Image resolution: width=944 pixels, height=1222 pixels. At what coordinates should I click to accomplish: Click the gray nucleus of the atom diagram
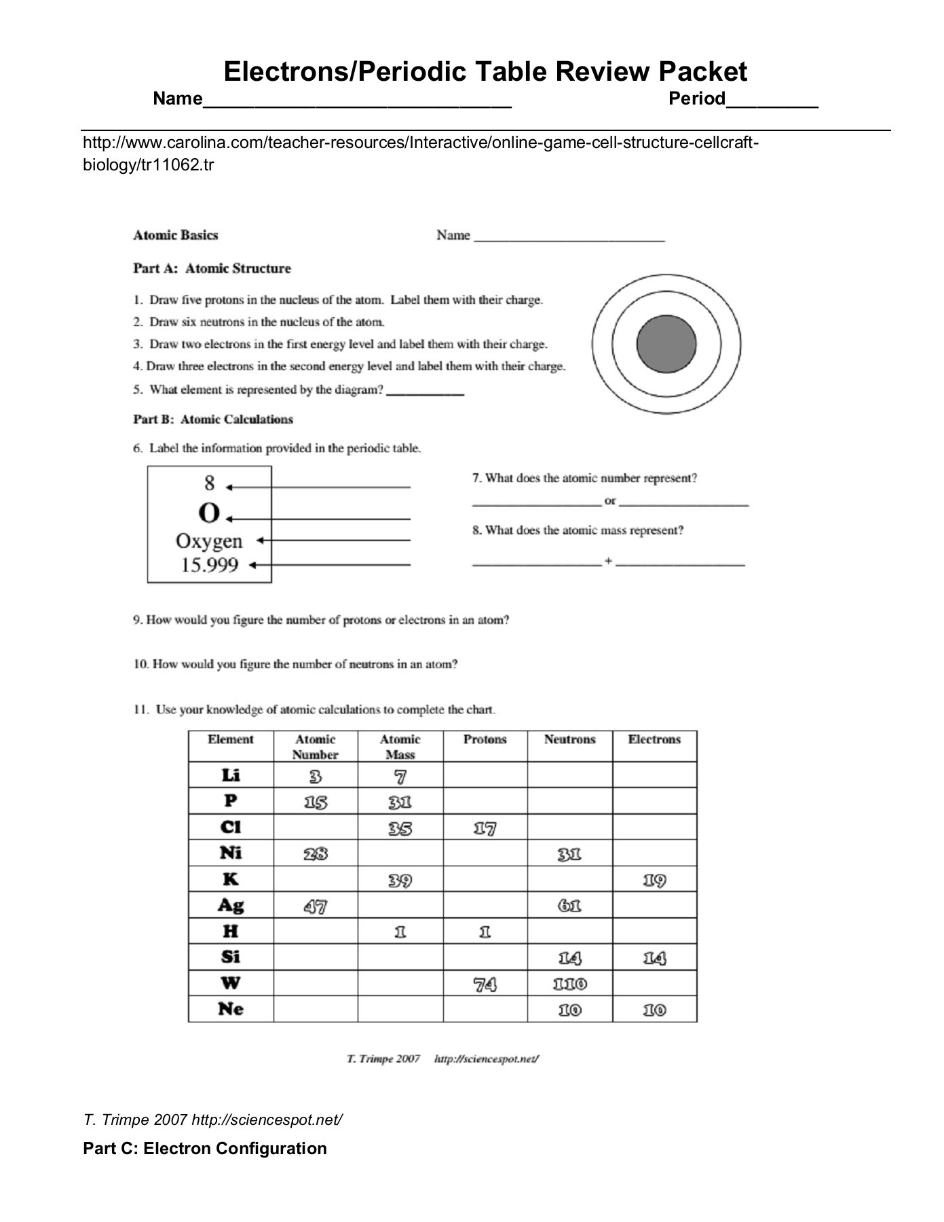click(666, 344)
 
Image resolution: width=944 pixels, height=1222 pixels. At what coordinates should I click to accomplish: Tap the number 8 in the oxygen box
click(209, 483)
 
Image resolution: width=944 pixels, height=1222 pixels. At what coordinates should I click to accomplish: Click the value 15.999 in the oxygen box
click(209, 565)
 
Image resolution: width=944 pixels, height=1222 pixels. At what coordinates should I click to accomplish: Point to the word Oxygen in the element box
click(209, 541)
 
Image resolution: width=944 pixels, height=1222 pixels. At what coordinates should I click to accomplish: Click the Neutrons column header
click(569, 739)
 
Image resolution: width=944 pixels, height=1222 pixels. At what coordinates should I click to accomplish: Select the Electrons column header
click(654, 739)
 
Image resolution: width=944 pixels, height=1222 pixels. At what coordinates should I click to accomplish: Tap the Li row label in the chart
click(231, 775)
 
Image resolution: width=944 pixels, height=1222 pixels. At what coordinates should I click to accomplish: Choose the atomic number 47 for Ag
click(316, 906)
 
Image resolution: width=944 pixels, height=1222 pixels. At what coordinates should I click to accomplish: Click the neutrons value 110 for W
click(569, 984)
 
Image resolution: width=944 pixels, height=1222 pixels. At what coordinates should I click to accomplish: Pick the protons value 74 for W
click(485, 984)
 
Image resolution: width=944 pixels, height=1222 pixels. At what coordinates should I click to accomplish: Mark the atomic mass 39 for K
click(400, 880)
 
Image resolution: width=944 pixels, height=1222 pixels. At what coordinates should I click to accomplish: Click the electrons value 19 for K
click(654, 880)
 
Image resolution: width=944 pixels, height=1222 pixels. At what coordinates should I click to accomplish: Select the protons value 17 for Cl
click(485, 828)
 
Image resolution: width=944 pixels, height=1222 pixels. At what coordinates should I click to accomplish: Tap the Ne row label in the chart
click(231, 1009)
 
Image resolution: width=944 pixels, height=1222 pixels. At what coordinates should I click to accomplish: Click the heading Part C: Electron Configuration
click(204, 1148)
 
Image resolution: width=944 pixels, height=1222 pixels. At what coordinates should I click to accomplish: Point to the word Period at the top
click(697, 99)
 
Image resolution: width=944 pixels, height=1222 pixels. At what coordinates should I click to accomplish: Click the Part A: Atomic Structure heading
click(212, 268)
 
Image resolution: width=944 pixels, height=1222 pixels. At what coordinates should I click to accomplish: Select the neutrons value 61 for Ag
click(569, 906)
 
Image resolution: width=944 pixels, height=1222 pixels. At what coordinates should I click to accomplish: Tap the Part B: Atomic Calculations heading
click(212, 420)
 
